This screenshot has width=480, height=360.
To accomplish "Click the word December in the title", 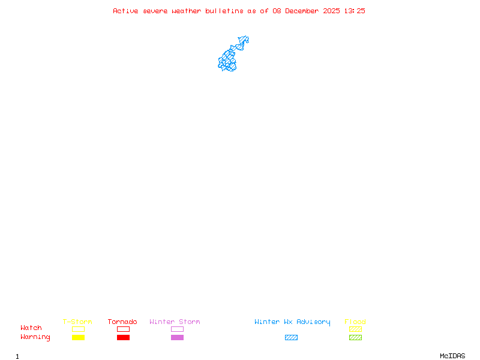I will point(304,11).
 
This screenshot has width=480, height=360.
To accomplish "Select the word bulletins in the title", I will point(224,11).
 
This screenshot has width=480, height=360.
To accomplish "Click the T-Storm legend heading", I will point(77,322).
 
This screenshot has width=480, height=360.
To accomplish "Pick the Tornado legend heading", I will point(122,322).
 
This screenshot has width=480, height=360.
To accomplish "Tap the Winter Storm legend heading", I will point(175,322).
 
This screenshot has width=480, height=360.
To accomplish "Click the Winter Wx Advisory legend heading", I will point(292,322).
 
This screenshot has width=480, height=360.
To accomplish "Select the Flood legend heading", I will point(355,322).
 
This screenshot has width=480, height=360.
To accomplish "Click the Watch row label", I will point(31,328).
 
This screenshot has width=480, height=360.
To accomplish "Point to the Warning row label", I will point(35,337).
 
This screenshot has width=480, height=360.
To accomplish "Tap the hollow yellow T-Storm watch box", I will point(78,329).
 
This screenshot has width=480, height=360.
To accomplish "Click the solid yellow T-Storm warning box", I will point(78,337).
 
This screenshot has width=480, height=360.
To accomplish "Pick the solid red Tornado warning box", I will point(123,337).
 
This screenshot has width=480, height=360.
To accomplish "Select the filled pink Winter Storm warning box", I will point(177,337).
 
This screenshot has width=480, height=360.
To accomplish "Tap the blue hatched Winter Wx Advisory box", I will point(291,337).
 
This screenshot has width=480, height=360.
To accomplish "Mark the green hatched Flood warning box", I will point(355,337).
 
